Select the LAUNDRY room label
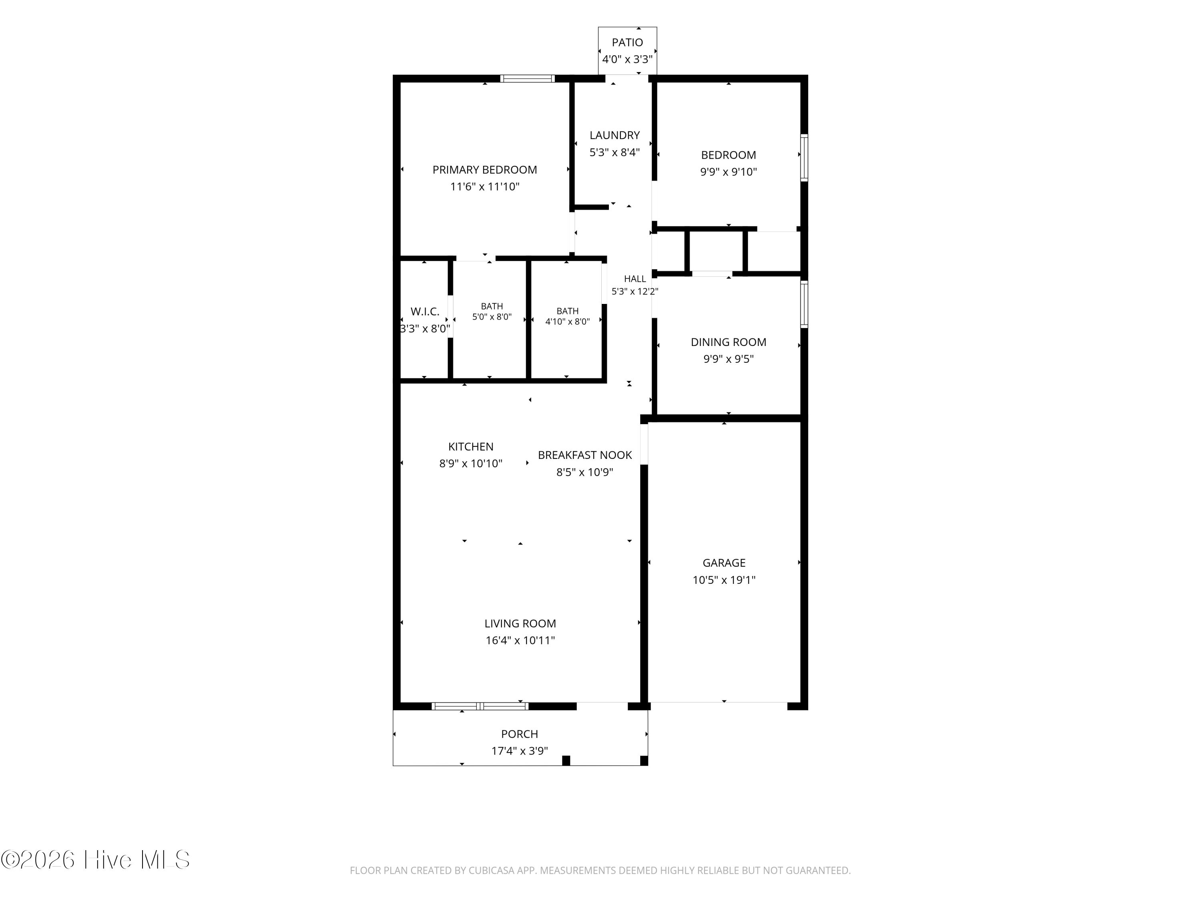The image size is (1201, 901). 615,135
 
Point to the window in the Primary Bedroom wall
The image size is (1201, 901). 527,79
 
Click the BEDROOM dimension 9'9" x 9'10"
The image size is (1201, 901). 729,172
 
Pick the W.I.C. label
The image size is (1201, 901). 425,312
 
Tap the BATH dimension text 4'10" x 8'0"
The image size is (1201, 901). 567,322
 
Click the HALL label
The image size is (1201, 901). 635,279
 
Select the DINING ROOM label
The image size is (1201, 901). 729,342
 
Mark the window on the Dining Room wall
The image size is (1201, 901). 805,304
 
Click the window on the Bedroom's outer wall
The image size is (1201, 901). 805,157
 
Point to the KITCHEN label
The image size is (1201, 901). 471,447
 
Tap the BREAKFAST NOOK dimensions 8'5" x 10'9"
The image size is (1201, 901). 585,473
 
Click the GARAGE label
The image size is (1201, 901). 724,563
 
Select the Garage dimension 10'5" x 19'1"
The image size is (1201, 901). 724,580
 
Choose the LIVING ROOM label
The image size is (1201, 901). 520,624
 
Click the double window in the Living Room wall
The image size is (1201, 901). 480,706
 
